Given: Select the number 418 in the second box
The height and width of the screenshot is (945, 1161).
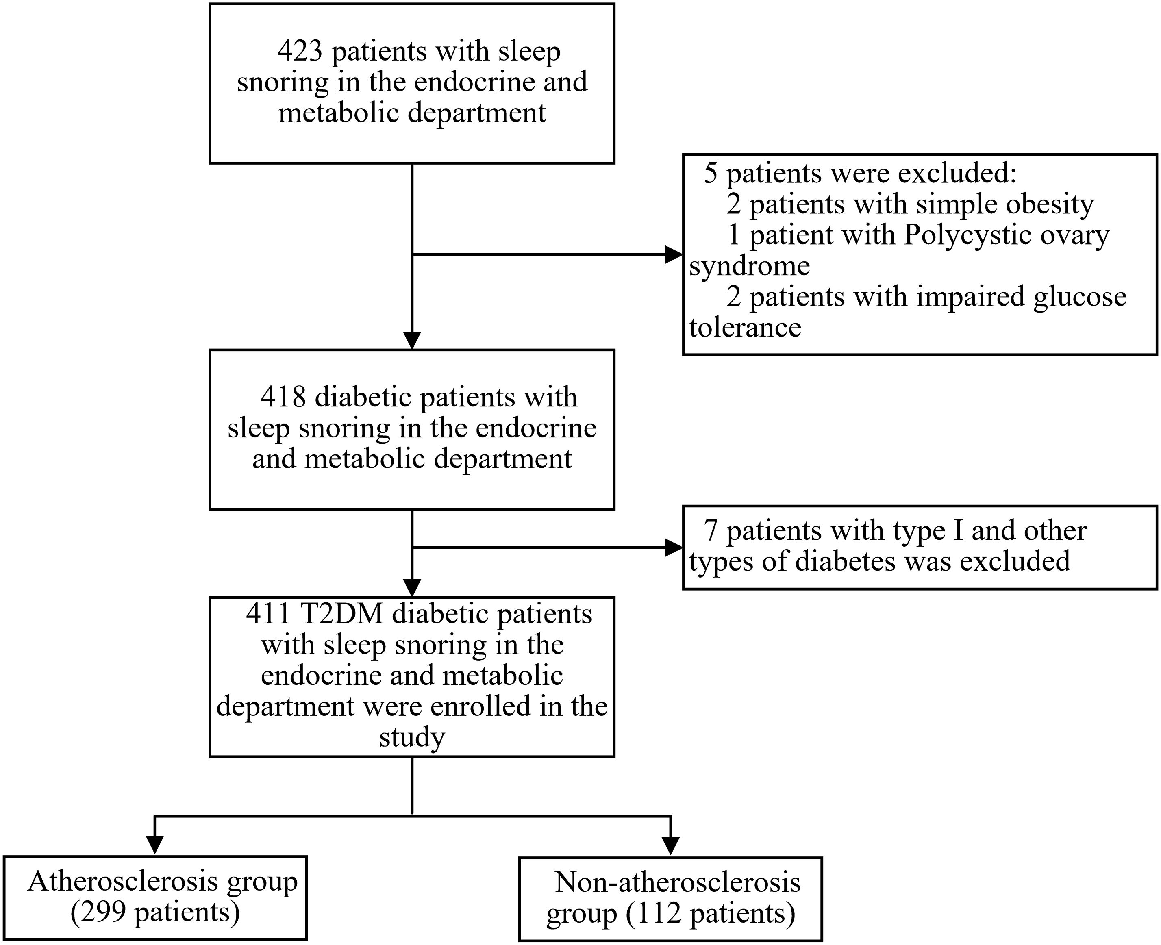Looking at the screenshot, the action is point(283,398).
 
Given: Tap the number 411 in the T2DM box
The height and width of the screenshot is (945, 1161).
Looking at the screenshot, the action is point(268,614).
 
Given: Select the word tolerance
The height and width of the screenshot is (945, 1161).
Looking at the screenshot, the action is point(745,328).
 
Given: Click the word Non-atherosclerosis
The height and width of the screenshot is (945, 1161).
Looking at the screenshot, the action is point(678,882).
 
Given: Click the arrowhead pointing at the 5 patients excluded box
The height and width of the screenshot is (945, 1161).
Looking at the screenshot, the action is point(674,254).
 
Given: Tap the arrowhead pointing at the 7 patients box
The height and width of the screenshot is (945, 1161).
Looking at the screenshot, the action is point(674,547).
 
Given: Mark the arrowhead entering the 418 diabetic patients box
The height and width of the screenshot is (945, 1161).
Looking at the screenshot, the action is point(412,340).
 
